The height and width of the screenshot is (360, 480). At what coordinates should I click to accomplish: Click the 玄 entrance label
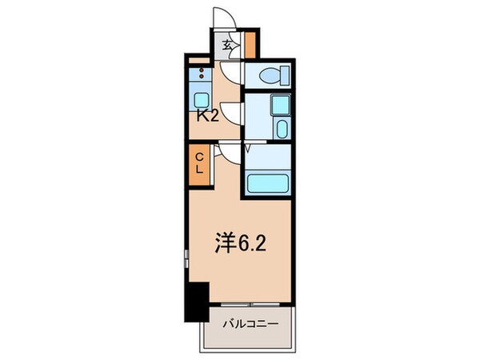227,46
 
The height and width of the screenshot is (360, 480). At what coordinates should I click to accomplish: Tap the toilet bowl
269,77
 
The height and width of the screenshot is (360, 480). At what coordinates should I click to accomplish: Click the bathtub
266,182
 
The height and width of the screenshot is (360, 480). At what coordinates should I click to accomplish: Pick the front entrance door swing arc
222,18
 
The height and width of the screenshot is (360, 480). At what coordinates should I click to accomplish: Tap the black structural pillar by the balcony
194,300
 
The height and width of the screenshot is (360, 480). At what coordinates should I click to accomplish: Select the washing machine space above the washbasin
278,106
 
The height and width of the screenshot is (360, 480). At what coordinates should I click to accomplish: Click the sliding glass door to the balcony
249,306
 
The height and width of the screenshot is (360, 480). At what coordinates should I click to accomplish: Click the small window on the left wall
185,258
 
